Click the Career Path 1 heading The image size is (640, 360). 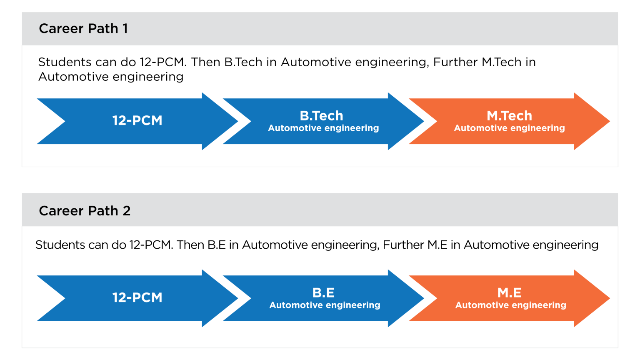83,29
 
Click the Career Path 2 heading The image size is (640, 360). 85,211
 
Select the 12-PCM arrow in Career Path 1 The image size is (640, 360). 137,121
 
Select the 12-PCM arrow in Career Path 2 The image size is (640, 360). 137,298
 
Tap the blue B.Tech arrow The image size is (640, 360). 323,121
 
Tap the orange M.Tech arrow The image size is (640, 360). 509,121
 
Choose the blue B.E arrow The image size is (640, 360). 323,298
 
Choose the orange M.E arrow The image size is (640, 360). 509,298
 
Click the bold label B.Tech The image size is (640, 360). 321,116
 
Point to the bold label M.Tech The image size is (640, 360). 510,116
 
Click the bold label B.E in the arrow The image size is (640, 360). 323,292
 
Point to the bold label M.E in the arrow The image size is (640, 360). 510,292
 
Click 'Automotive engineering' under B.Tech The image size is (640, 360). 323,128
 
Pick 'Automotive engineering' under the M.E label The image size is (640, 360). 511,305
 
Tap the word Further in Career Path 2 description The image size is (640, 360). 403,245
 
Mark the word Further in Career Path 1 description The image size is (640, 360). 455,62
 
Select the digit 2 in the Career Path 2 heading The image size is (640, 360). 127,211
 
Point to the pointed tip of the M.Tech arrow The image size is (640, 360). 610,121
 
